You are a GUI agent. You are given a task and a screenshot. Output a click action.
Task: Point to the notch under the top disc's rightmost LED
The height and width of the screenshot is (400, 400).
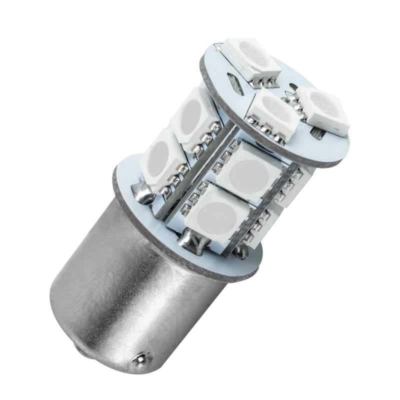(x=316, y=134)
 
